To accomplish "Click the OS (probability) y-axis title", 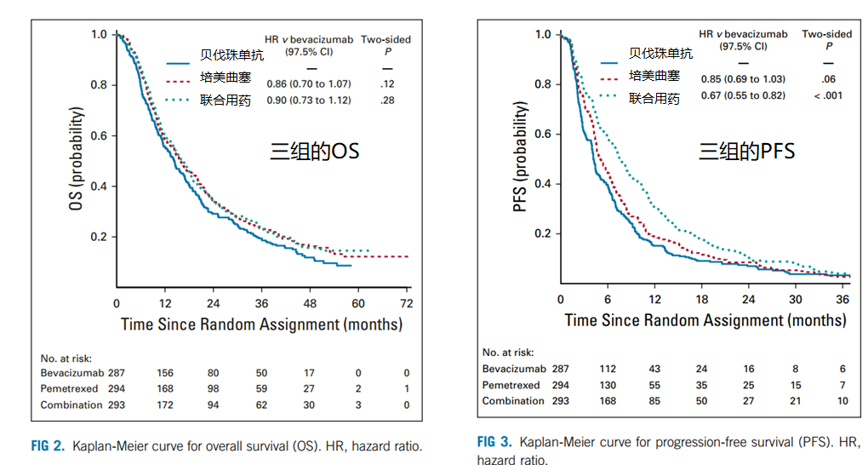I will pyautogui.click(x=76, y=161).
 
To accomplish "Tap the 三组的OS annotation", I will pyautogui.click(x=315, y=152).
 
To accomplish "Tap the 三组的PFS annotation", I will pyautogui.click(x=746, y=152).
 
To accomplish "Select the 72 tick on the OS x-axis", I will pyautogui.click(x=407, y=303).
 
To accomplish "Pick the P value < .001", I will pyautogui.click(x=827, y=95).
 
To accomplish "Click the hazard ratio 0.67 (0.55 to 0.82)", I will pyautogui.click(x=743, y=95).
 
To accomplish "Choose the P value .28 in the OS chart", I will pyautogui.click(x=387, y=100).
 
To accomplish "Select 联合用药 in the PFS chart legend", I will pyautogui.click(x=654, y=98).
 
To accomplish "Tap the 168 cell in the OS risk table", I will pyautogui.click(x=165, y=388).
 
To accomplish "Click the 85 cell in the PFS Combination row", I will pyautogui.click(x=654, y=400).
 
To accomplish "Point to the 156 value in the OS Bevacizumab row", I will pyautogui.click(x=165, y=372).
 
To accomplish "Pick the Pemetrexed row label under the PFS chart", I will pyautogui.click(x=511, y=385).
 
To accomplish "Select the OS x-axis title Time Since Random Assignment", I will pyautogui.click(x=261, y=324).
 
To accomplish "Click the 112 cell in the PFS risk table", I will pyautogui.click(x=607, y=369).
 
